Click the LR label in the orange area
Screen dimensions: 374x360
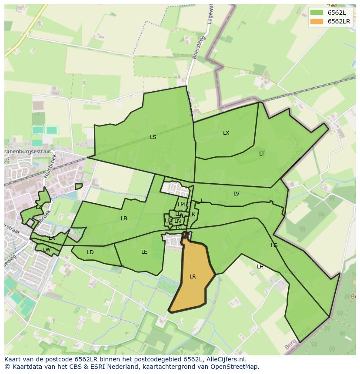coord(193,277)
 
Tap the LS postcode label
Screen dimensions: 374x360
coord(153,137)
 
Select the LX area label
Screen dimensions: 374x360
coord(226,133)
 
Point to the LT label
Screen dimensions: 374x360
coord(262,154)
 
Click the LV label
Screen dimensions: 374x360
coord(237,194)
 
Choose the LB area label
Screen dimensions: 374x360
coord(124,218)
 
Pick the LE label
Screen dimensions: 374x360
coord(144,252)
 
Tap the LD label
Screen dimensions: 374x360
coord(90,252)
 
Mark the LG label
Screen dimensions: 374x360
coord(274,245)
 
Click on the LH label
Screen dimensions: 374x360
coord(260,267)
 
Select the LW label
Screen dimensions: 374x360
coord(47,249)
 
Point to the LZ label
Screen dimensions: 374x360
coord(39,207)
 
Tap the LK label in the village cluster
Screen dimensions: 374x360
coord(192,215)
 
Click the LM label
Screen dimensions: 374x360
coord(181,205)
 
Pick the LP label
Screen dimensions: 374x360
coord(167,221)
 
